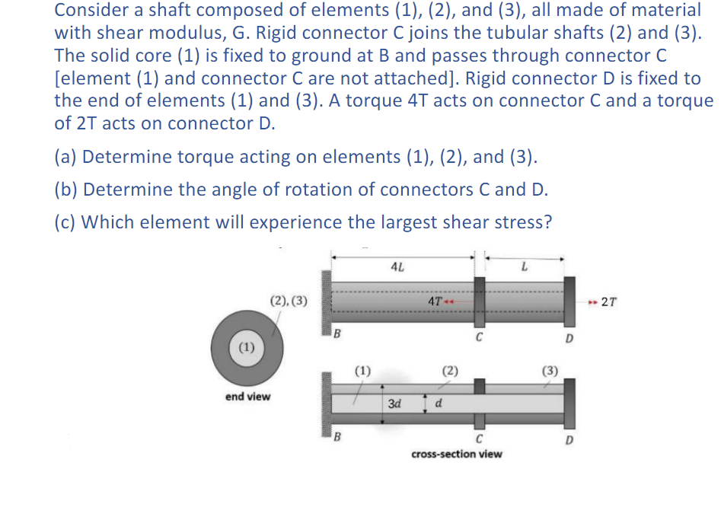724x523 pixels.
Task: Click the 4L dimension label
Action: (397, 267)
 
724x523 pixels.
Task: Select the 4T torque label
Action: (435, 301)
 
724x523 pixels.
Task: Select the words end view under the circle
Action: (247, 397)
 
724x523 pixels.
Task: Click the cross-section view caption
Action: (456, 454)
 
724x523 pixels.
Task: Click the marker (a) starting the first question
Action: (65, 157)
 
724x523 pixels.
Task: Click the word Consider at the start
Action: (91, 11)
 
